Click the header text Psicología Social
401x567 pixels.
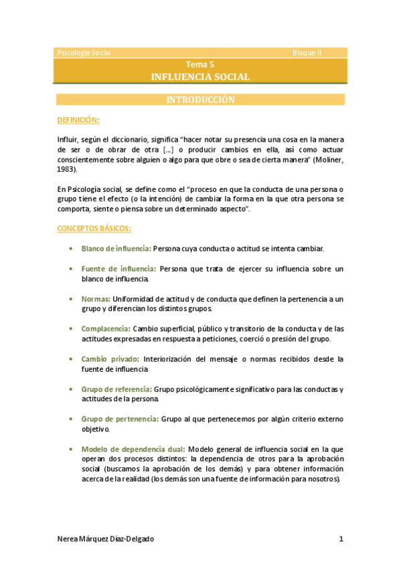coord(84,53)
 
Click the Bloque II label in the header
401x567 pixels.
coord(307,53)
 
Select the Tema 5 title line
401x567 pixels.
coord(200,65)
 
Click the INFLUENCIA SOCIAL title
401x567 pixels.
coord(201,77)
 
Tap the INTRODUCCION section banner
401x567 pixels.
coord(200,100)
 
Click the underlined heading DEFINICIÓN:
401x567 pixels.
coord(78,120)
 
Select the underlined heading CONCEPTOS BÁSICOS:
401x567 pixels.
coord(94,228)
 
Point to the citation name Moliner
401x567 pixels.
coord(327,160)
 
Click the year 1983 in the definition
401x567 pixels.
coord(66,170)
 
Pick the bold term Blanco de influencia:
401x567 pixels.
coord(116,249)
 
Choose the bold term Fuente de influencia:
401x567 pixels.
coord(118,269)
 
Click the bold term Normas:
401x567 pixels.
coord(96,299)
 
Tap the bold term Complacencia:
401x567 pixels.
coord(106,329)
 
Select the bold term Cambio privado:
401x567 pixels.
coord(110,359)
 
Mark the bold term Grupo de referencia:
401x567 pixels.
coord(116,389)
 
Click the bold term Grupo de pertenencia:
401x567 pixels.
coord(120,419)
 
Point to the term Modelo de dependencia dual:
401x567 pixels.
coord(134,449)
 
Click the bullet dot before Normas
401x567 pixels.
coord(71,299)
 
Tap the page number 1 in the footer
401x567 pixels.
coord(341,539)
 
